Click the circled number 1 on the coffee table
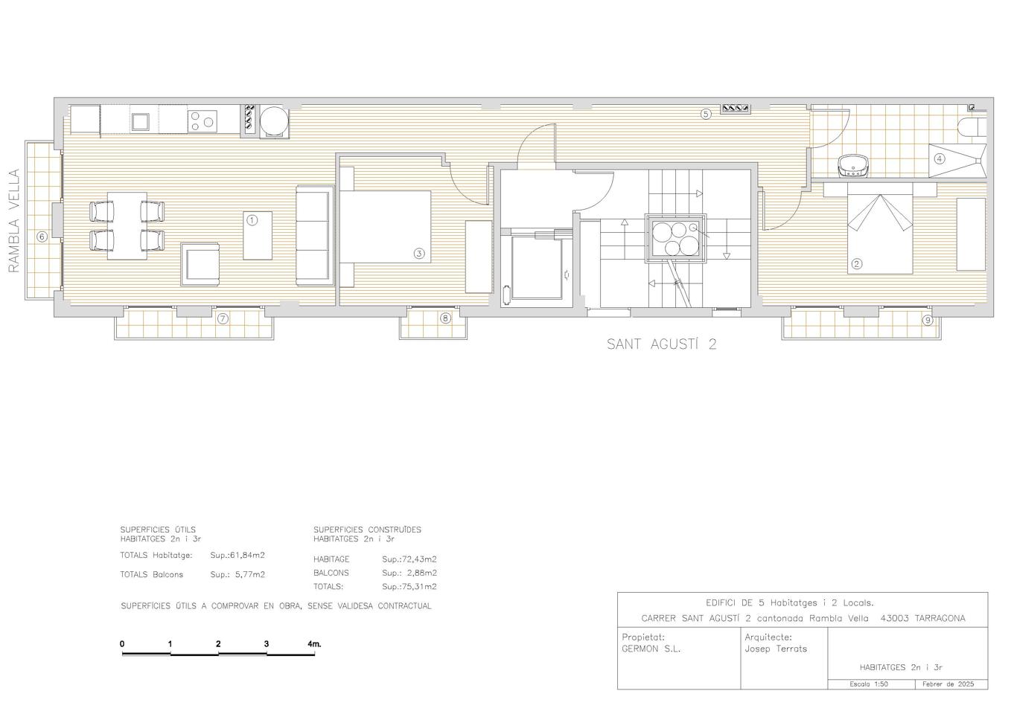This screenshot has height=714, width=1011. coord(252,220)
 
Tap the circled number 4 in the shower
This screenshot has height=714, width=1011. coord(940,159)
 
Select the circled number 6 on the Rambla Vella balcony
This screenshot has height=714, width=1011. coord(42,237)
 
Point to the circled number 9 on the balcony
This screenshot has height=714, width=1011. coord(927,321)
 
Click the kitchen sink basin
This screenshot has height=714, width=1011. coord(141,122)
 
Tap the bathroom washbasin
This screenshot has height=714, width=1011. coord(852,165)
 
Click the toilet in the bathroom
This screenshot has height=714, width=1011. coord(972,127)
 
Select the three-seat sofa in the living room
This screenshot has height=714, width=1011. coord(315,236)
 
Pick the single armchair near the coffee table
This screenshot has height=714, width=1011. coord(200,265)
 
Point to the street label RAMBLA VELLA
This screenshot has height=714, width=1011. coord(14,221)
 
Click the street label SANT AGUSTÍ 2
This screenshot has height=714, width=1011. coord(662,344)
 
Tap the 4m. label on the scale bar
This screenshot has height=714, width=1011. coord(314,644)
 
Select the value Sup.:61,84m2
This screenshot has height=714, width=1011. coord(237,556)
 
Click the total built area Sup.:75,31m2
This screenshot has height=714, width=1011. coord(409,587)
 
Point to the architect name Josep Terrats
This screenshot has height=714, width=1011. coord(776,649)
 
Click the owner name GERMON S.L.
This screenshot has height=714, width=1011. coord(651,649)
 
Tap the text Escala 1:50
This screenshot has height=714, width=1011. coord(869,684)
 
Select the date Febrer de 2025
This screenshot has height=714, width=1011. coord(948,684)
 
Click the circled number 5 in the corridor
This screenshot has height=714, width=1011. coord(706,114)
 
